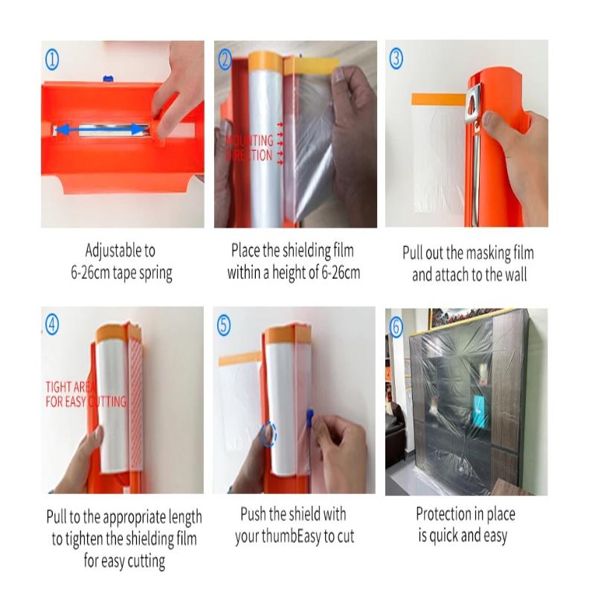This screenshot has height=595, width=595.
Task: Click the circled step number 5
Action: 225,325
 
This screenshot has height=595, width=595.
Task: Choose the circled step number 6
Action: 396,325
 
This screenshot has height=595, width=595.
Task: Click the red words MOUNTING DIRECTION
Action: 249,148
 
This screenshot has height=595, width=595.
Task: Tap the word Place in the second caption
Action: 245,251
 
